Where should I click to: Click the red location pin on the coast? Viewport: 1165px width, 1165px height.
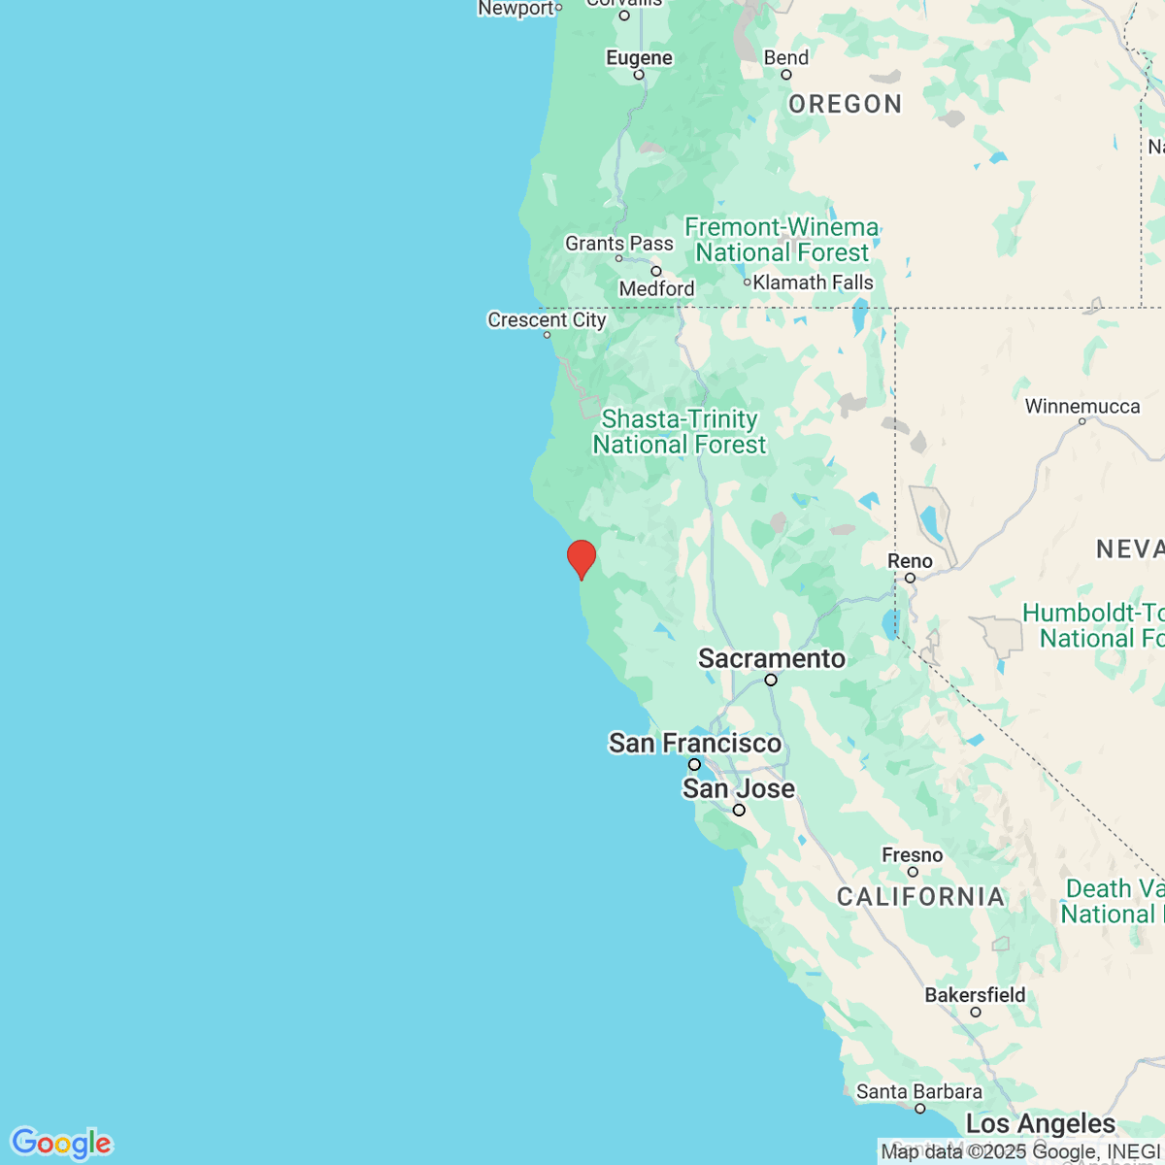point(581,558)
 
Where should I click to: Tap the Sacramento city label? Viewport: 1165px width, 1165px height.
point(772,659)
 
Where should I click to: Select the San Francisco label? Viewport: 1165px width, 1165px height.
point(695,744)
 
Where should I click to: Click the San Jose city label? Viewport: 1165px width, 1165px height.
point(738,789)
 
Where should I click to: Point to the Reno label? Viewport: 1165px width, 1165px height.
point(910,561)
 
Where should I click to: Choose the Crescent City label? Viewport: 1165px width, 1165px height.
point(547,320)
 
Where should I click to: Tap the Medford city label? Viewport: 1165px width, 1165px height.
point(656,288)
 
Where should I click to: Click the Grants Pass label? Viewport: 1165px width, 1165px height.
point(619,244)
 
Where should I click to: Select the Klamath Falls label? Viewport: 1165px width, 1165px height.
point(813,283)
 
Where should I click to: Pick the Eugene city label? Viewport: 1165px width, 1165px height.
point(639,58)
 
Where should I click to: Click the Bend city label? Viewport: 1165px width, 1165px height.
point(785,58)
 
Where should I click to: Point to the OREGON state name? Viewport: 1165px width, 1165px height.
point(845,105)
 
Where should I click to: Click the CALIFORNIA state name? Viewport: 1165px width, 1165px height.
point(920,897)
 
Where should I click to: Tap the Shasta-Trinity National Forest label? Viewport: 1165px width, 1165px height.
point(680,432)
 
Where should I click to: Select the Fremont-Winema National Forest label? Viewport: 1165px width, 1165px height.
point(782,240)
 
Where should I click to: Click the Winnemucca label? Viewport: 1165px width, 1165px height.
point(1082,407)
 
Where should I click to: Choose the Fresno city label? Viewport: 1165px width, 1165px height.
point(912,855)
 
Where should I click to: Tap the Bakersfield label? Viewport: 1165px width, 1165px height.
point(975,995)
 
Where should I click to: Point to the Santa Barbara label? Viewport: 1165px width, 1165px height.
point(918,1092)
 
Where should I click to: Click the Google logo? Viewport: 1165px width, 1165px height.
point(61,1144)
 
